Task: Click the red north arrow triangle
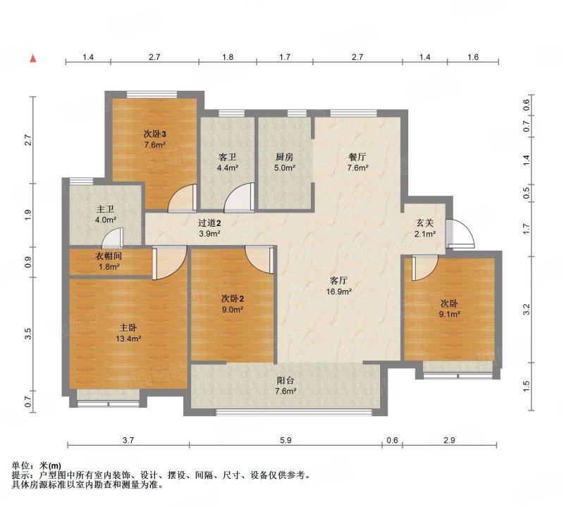pyautogui.click(x=33, y=58)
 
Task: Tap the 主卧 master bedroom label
pyautogui.click(x=128, y=327)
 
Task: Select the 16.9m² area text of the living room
pyautogui.click(x=339, y=292)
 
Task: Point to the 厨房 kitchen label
pyautogui.click(x=285, y=156)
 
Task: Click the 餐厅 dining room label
pyautogui.click(x=357, y=156)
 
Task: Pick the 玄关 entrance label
pyautogui.click(x=425, y=223)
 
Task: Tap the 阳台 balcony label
pyautogui.click(x=286, y=380)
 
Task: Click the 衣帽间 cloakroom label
pyautogui.click(x=109, y=256)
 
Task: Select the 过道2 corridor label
pyautogui.click(x=209, y=223)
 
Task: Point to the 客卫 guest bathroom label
pyautogui.click(x=227, y=156)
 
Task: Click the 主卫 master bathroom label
pyautogui.click(x=105, y=208)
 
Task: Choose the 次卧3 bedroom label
pyautogui.click(x=154, y=134)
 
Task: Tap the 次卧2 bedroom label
pyautogui.click(x=233, y=299)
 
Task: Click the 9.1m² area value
pyautogui.click(x=450, y=314)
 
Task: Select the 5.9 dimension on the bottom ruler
pyautogui.click(x=286, y=440)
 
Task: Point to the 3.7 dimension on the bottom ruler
pyautogui.click(x=128, y=440)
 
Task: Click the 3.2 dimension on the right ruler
pyautogui.click(x=526, y=309)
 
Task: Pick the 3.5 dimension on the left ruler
pyautogui.click(x=28, y=334)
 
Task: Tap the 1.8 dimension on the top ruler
pyautogui.click(x=228, y=57)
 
